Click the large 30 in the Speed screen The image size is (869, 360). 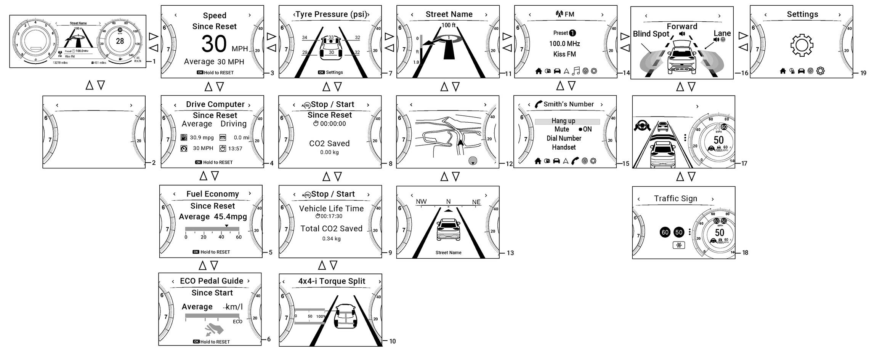pyautogui.click(x=214, y=44)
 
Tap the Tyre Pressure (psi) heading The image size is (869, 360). pyautogui.click(x=331, y=14)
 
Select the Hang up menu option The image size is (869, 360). pyautogui.click(x=563, y=121)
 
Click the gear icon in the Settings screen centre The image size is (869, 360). pyautogui.click(x=802, y=45)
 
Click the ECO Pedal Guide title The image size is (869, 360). pyautogui.click(x=212, y=281)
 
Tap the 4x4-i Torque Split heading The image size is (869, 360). pyautogui.click(x=332, y=282)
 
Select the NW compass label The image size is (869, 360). pyautogui.click(x=421, y=202)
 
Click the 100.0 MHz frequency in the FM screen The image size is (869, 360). pyautogui.click(x=564, y=44)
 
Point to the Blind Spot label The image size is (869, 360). pyautogui.click(x=651, y=34)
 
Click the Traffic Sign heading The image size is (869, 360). pyautogui.click(x=675, y=198)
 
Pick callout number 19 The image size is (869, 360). pyautogui.click(x=863, y=73)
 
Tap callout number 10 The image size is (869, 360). pyautogui.click(x=393, y=341)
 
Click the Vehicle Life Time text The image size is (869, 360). pyautogui.click(x=331, y=209)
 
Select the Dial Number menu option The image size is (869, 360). pyautogui.click(x=564, y=138)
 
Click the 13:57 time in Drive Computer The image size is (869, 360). pyautogui.click(x=235, y=149)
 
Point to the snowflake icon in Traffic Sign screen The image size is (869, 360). pyautogui.click(x=679, y=245)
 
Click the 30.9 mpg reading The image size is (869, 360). pyautogui.click(x=202, y=138)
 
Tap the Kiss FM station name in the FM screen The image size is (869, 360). pyautogui.click(x=564, y=54)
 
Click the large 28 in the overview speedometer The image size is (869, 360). pyautogui.click(x=120, y=41)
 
